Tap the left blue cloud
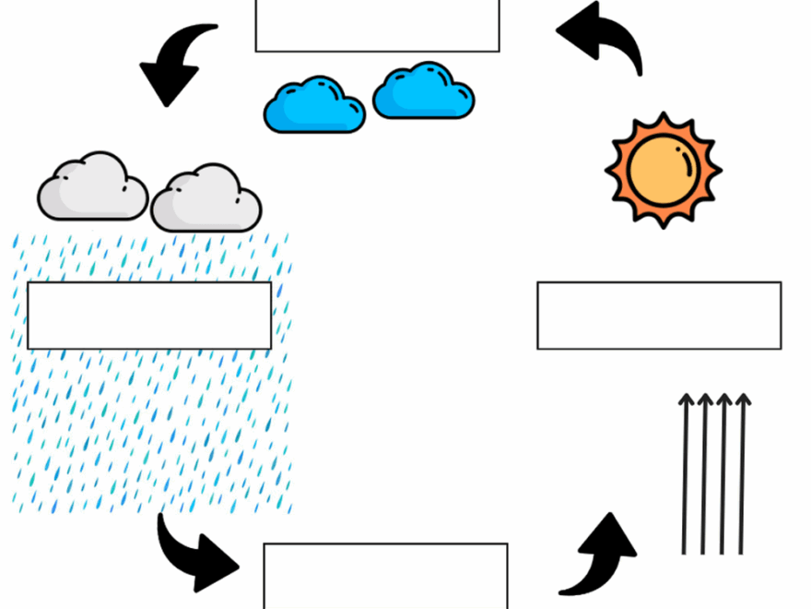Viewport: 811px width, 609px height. pyautogui.click(x=314, y=106)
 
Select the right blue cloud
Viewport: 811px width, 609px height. pyautogui.click(x=424, y=92)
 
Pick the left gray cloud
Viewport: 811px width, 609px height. pyautogui.click(x=92, y=189)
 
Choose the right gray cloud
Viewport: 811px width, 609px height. pyautogui.click(x=206, y=200)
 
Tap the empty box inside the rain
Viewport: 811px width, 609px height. pyautogui.click(x=149, y=316)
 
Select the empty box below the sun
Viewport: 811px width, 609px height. pyautogui.click(x=659, y=316)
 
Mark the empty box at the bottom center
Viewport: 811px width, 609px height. pyautogui.click(x=385, y=576)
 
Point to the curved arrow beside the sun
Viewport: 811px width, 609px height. pyautogui.click(x=604, y=37)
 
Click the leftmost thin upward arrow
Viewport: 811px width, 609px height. pyautogui.click(x=685, y=475)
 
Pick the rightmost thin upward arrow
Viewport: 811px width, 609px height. pyautogui.click(x=742, y=475)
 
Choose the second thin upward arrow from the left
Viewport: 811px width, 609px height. pyautogui.click(x=704, y=475)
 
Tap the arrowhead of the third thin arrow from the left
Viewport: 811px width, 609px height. pyautogui.click(x=724, y=400)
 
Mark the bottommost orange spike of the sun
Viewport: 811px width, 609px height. pyautogui.click(x=664, y=222)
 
